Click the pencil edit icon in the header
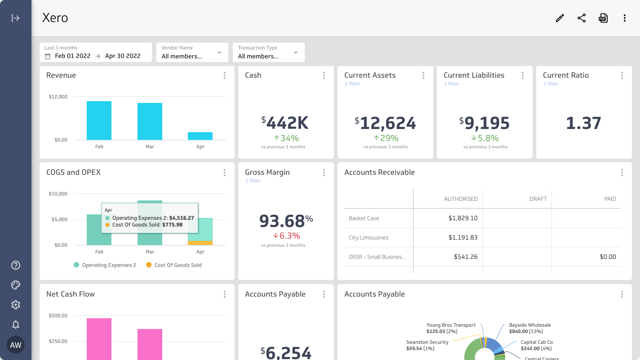[x=560, y=18]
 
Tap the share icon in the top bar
[x=582, y=18]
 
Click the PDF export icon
[x=603, y=18]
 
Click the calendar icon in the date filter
[x=48, y=56]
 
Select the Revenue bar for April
[x=200, y=136]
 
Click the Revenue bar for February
[x=99, y=120]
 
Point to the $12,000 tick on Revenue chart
[x=58, y=97]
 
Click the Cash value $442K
[x=285, y=123]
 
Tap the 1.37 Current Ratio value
[x=583, y=123]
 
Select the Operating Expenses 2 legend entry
[x=105, y=265]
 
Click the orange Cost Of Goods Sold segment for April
[x=200, y=243]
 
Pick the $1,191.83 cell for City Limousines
[x=462, y=237]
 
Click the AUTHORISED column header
[x=461, y=199]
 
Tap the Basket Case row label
[x=364, y=218]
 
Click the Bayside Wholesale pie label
[x=529, y=325]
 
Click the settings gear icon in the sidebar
[x=16, y=305]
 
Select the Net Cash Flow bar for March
[x=150, y=344]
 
